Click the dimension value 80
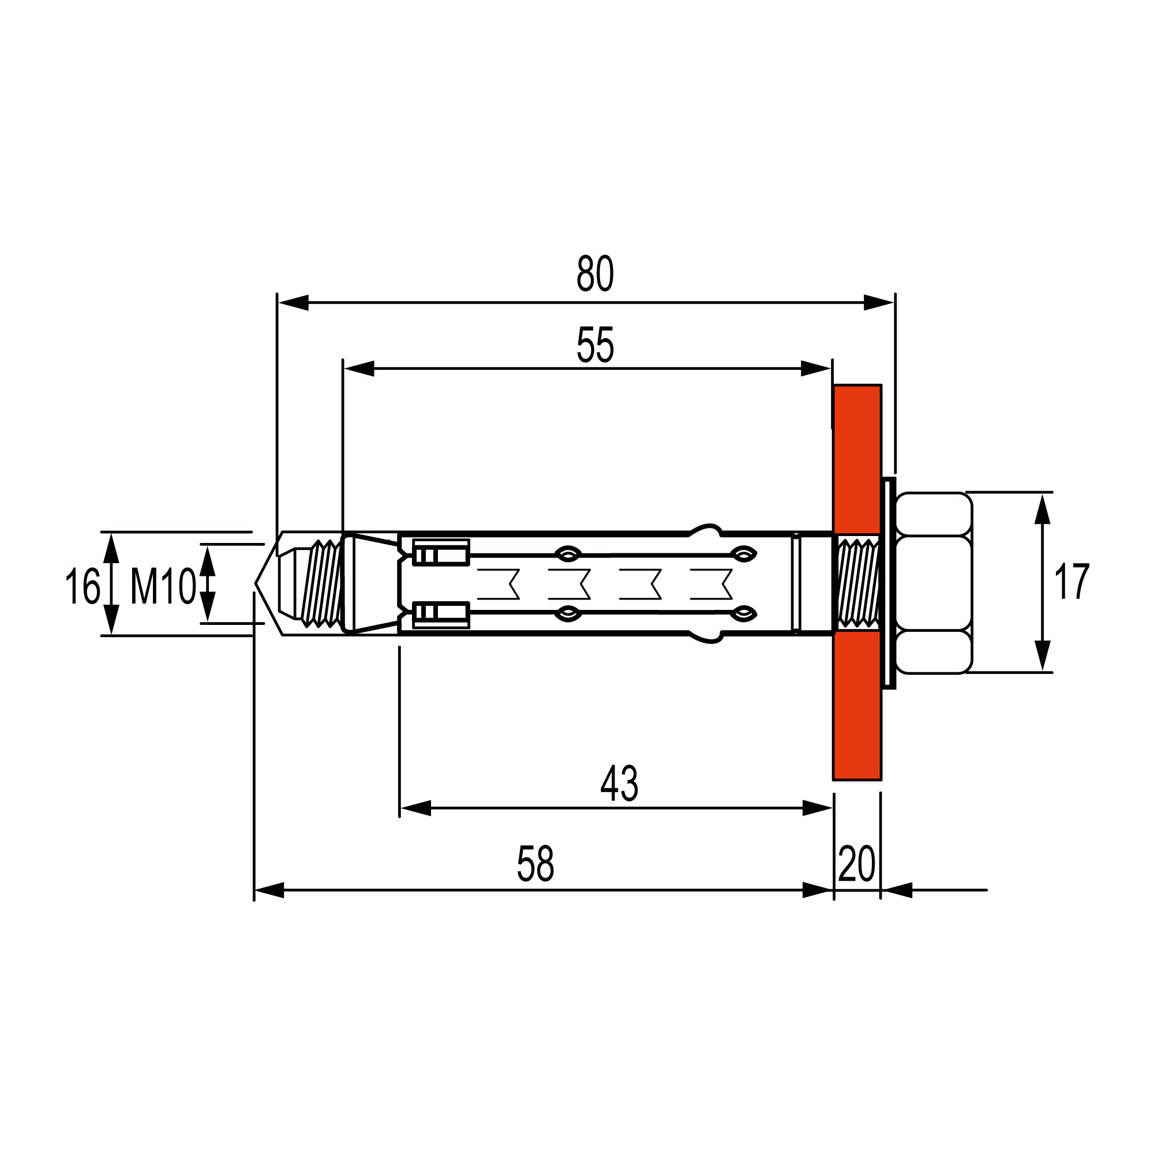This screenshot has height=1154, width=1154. tap(595, 274)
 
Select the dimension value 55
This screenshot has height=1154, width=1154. tap(595, 345)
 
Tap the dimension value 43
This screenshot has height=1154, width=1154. tap(619, 784)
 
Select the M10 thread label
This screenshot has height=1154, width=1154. tap(163, 587)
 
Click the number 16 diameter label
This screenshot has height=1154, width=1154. tap(82, 587)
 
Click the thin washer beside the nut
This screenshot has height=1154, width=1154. tap(889, 583)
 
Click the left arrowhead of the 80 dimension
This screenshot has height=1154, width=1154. tap(293, 303)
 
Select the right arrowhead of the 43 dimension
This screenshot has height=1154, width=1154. tap(817, 808)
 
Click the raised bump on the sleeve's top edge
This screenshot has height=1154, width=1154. tap(706, 529)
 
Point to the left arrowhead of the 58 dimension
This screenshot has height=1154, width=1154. tap(269, 890)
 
